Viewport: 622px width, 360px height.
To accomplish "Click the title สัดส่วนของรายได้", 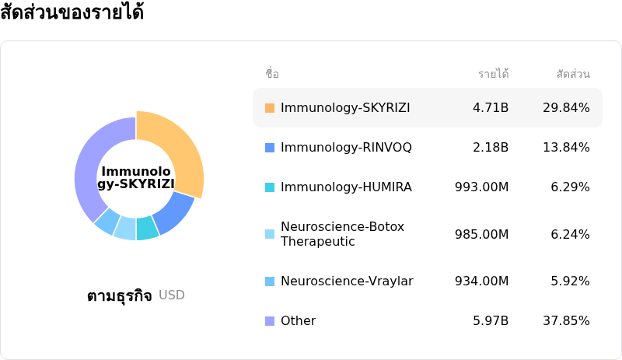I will point(72,13).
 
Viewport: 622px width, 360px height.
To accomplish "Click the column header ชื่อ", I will point(272,74).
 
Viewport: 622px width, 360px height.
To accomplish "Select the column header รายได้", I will point(493,74).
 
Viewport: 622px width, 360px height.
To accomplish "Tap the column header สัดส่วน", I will point(573,74).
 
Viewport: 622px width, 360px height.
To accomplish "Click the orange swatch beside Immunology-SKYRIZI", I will point(270,107).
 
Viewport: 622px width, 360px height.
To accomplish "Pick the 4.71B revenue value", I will point(491,107).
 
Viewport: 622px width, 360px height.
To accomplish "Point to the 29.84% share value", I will point(566,107).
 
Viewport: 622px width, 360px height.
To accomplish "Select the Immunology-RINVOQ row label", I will point(346,147).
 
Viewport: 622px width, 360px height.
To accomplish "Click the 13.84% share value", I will point(566,147).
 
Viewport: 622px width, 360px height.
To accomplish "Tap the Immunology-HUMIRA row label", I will point(346,187).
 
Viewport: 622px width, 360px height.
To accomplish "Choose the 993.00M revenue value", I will point(481,187).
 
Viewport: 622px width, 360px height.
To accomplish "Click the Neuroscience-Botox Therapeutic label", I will point(342,234).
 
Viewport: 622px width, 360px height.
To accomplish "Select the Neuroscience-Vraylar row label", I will point(347,281).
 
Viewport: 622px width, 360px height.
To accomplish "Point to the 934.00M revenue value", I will point(481,281).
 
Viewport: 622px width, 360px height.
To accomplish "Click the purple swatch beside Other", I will point(270,321).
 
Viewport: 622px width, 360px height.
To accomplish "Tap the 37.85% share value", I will point(566,321).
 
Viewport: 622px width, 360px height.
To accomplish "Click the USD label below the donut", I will point(172,295).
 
